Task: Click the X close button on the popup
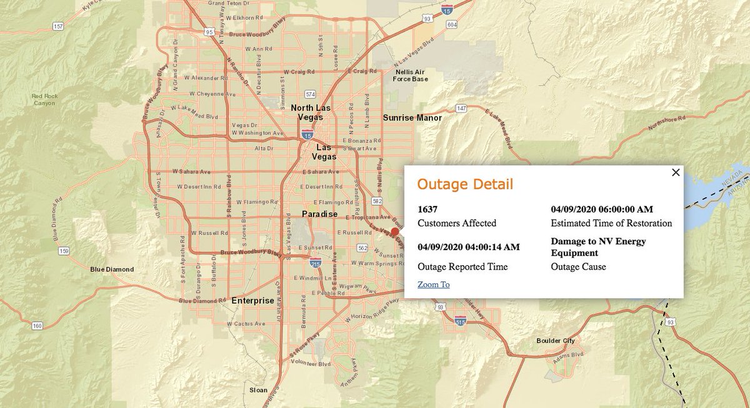coord(676,173)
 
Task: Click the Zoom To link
coord(433,284)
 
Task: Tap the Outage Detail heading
coord(465,184)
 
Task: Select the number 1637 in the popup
coord(427,209)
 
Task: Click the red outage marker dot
coord(395,232)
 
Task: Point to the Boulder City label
coord(555,341)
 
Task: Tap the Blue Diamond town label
coord(112,270)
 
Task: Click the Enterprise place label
coord(252,301)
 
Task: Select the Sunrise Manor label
coord(412,118)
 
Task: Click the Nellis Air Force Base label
coord(411,75)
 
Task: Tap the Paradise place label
coord(319,214)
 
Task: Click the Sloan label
coord(257,390)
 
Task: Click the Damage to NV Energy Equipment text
coord(598,247)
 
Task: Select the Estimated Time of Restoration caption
coord(611,223)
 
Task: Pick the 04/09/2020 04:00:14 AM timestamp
coord(468,247)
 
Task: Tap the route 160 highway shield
coord(37,326)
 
